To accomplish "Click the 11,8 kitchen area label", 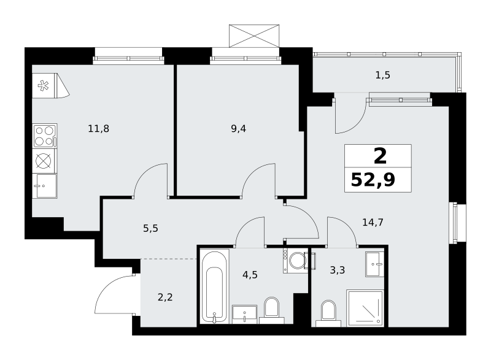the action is [x=99, y=129].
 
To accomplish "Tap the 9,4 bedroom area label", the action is [x=238, y=129].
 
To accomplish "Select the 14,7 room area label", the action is [x=373, y=223].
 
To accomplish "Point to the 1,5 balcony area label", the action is [x=382, y=75].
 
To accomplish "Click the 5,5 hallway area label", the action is [x=150, y=229].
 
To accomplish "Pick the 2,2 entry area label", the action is [x=165, y=297].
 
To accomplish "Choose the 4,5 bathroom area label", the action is [x=250, y=275].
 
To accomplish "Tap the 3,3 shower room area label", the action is [x=337, y=270].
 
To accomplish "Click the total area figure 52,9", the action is [x=373, y=180].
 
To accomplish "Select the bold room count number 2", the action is [x=380, y=156].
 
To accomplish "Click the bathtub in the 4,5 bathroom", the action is [x=214, y=286].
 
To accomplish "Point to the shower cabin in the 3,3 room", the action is [x=365, y=308].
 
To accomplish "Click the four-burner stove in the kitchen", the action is [x=44, y=136].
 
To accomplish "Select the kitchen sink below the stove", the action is [x=44, y=186].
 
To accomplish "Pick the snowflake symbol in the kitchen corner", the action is [x=44, y=86].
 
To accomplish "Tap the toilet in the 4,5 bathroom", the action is [x=271, y=310].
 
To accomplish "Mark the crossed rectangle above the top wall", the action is [x=254, y=36].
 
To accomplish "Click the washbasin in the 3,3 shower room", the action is [x=374, y=264].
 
